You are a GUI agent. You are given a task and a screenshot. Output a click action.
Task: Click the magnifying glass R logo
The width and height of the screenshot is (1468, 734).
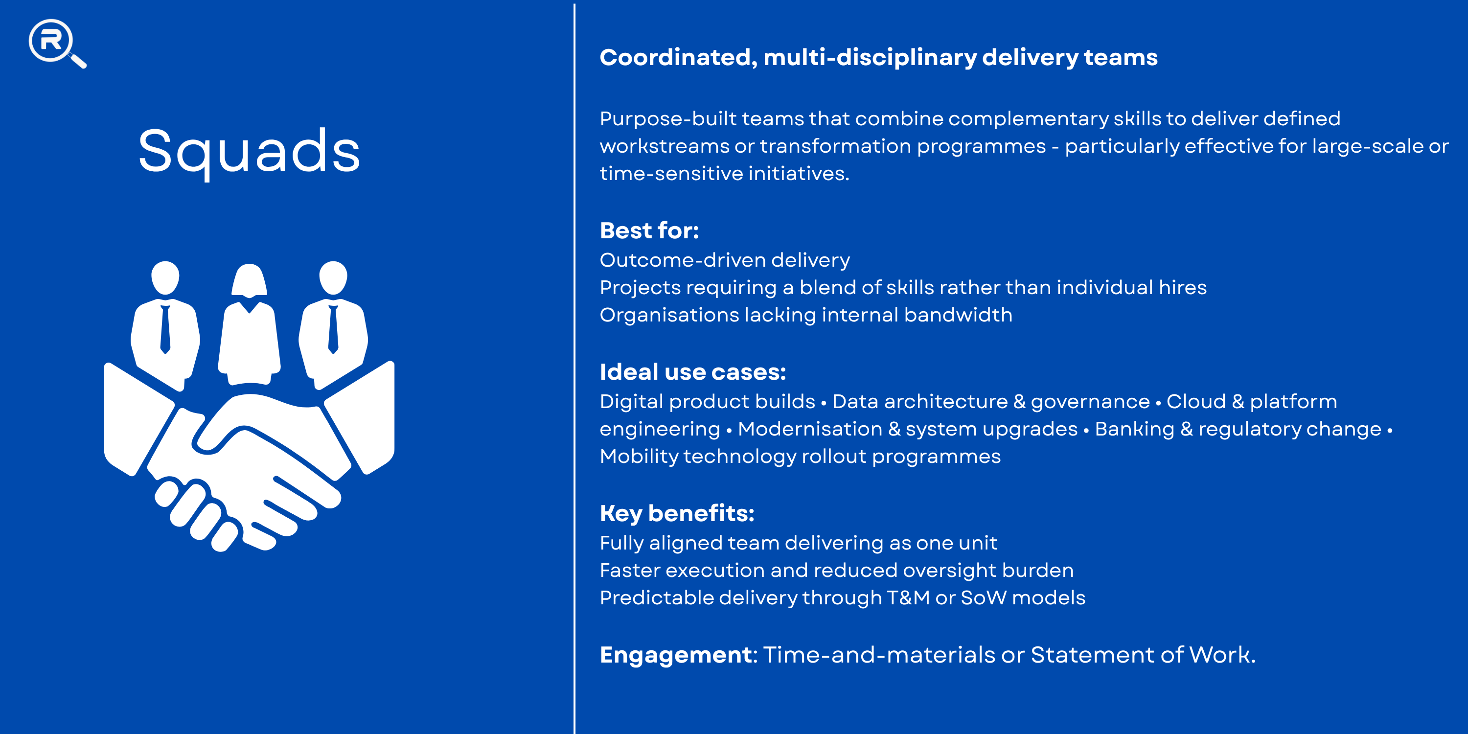(57, 44)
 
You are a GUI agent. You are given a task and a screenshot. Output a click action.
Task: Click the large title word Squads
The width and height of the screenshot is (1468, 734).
(250, 152)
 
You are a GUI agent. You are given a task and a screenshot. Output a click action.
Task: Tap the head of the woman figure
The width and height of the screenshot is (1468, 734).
(249, 280)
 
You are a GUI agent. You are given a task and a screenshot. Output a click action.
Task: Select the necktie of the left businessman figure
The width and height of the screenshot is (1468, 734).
(165, 329)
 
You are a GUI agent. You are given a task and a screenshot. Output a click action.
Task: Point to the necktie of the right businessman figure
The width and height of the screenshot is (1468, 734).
(333, 329)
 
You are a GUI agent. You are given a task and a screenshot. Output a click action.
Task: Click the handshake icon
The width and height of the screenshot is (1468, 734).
(249, 456)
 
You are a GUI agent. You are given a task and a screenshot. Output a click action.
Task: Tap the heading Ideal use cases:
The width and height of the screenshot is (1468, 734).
(693, 371)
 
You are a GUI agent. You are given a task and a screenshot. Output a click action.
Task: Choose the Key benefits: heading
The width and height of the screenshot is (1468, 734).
(677, 513)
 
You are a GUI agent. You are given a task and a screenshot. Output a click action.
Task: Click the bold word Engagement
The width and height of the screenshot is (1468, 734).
(676, 655)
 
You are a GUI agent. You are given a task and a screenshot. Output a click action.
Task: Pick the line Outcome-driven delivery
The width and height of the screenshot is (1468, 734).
(725, 260)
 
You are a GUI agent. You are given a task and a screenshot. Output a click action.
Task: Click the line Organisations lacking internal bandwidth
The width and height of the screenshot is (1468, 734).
(806, 315)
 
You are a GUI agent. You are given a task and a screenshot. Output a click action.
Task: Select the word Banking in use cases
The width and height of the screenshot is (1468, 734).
(1135, 429)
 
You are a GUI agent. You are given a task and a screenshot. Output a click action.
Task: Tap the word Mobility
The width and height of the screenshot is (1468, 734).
(639, 457)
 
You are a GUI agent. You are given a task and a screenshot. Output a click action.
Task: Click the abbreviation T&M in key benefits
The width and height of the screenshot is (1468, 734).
(908, 598)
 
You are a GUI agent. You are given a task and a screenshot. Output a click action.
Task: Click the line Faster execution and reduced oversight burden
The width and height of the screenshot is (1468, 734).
(837, 571)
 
